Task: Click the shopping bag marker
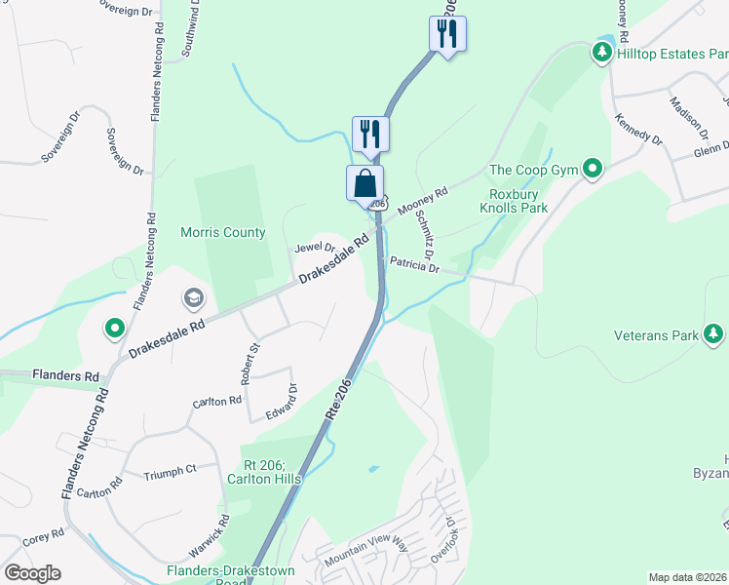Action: pos(364,183)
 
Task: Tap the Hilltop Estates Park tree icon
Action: pos(602,54)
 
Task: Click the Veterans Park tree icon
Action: pos(714,335)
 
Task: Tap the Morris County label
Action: pos(222,232)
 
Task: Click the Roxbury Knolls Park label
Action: pos(519,201)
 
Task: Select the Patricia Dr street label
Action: pos(415,264)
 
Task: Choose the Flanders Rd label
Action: pos(65,375)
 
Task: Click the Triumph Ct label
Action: pos(170,470)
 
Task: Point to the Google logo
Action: pos(32,573)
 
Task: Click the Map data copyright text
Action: pos(686,577)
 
